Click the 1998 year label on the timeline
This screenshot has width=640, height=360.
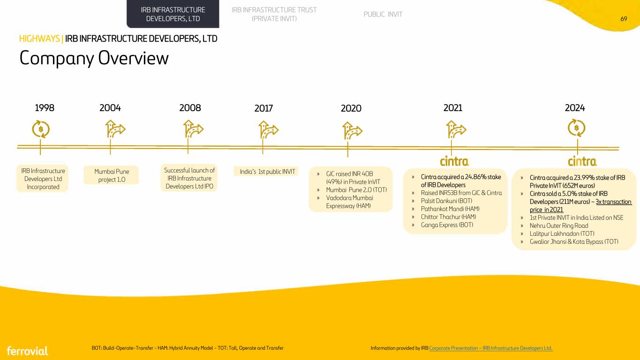tap(45, 108)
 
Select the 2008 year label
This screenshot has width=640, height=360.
tap(190, 108)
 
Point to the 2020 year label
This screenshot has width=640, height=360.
tap(351, 109)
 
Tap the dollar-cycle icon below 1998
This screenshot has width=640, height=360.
tap(41, 129)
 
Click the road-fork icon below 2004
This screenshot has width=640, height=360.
tap(115, 129)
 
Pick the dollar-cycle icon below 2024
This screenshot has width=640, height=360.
tap(576, 127)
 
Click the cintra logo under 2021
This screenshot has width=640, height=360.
tap(454, 161)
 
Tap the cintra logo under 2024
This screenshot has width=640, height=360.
tap(582, 161)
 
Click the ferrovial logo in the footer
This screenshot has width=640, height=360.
tap(27, 351)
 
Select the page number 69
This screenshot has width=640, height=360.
tap(624, 19)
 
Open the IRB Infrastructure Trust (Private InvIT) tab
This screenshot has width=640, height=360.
tap(274, 14)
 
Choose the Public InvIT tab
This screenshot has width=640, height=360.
tap(383, 14)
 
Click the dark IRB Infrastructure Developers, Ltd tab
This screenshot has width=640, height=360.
tap(173, 14)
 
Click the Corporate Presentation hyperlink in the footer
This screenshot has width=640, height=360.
tap(490, 348)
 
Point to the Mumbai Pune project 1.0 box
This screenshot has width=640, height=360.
tap(111, 175)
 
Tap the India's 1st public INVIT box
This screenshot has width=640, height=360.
tap(266, 172)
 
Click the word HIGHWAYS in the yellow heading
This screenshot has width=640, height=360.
tap(39, 38)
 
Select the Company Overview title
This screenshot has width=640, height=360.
tap(94, 58)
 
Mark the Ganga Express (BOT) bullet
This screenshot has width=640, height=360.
tap(447, 225)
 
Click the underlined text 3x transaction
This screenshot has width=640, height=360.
tap(613, 202)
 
